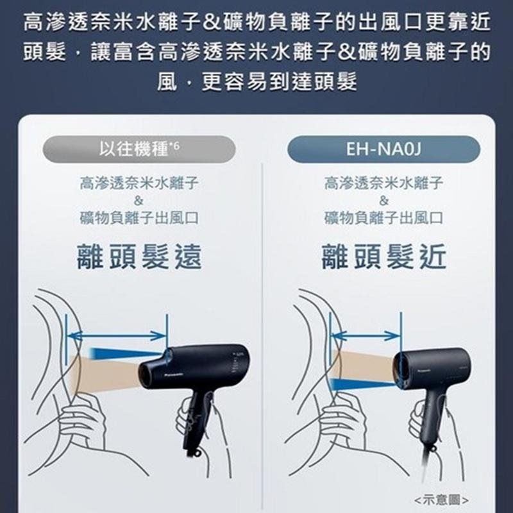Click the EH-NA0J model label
(383, 149)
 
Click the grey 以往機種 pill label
(139, 149)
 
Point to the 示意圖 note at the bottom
(441, 500)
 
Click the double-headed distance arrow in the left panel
(117, 335)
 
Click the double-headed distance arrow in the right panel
(366, 335)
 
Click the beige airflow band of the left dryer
(105, 374)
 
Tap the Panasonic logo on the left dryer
(173, 373)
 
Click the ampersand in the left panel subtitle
(139, 200)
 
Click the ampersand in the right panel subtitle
(383, 200)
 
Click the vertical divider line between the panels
(262, 337)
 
